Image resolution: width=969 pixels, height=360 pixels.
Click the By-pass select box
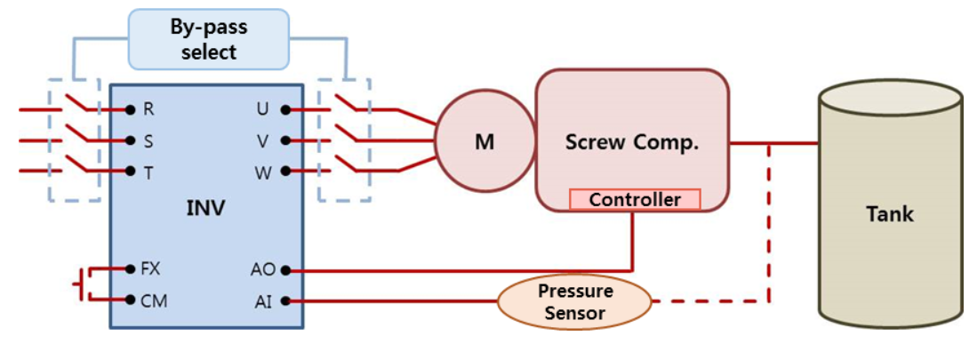tap(209, 40)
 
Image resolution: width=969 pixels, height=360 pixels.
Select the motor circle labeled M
tap(484, 141)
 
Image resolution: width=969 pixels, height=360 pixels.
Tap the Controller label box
tap(635, 199)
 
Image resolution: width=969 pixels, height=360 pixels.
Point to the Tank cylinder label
tap(890, 214)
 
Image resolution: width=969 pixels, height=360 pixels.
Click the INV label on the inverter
tap(205, 209)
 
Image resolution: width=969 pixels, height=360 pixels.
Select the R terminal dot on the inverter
tap(130, 110)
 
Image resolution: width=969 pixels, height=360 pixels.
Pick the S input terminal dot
tap(130, 140)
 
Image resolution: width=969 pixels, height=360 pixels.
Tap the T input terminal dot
tap(130, 171)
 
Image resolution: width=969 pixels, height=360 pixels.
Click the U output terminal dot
tap(285, 110)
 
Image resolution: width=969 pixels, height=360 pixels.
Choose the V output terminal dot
tap(285, 140)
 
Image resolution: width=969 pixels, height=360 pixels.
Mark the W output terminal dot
tap(285, 171)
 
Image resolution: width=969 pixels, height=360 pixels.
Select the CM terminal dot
tap(130, 300)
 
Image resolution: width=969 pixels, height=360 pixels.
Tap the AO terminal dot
tap(285, 268)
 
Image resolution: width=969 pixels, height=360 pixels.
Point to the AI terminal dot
tap(285, 301)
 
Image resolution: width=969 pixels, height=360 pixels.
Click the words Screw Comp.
tap(631, 142)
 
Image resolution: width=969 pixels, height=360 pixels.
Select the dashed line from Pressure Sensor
tap(711, 301)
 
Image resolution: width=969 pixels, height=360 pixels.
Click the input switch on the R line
tap(80, 104)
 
